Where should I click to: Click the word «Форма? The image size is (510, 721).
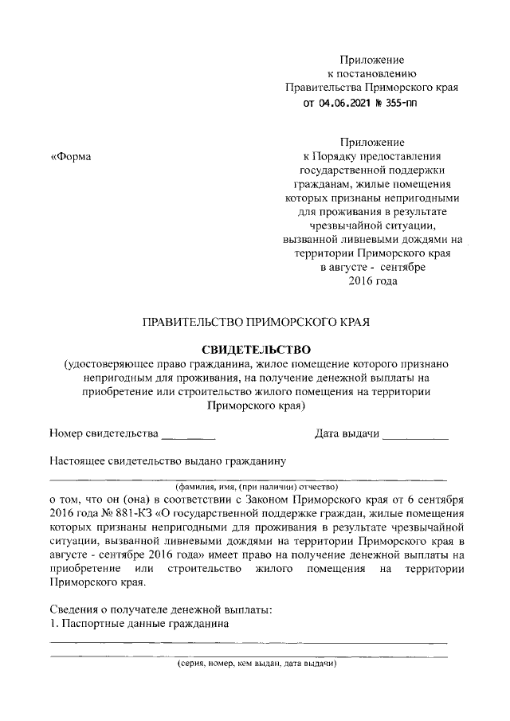click(x=71, y=156)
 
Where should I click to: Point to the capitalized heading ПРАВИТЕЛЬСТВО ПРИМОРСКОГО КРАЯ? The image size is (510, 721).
click(x=255, y=323)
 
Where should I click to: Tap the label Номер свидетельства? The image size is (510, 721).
click(x=104, y=433)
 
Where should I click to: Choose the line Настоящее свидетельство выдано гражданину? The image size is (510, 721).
click(x=167, y=460)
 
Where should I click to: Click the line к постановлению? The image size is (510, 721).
click(x=372, y=74)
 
